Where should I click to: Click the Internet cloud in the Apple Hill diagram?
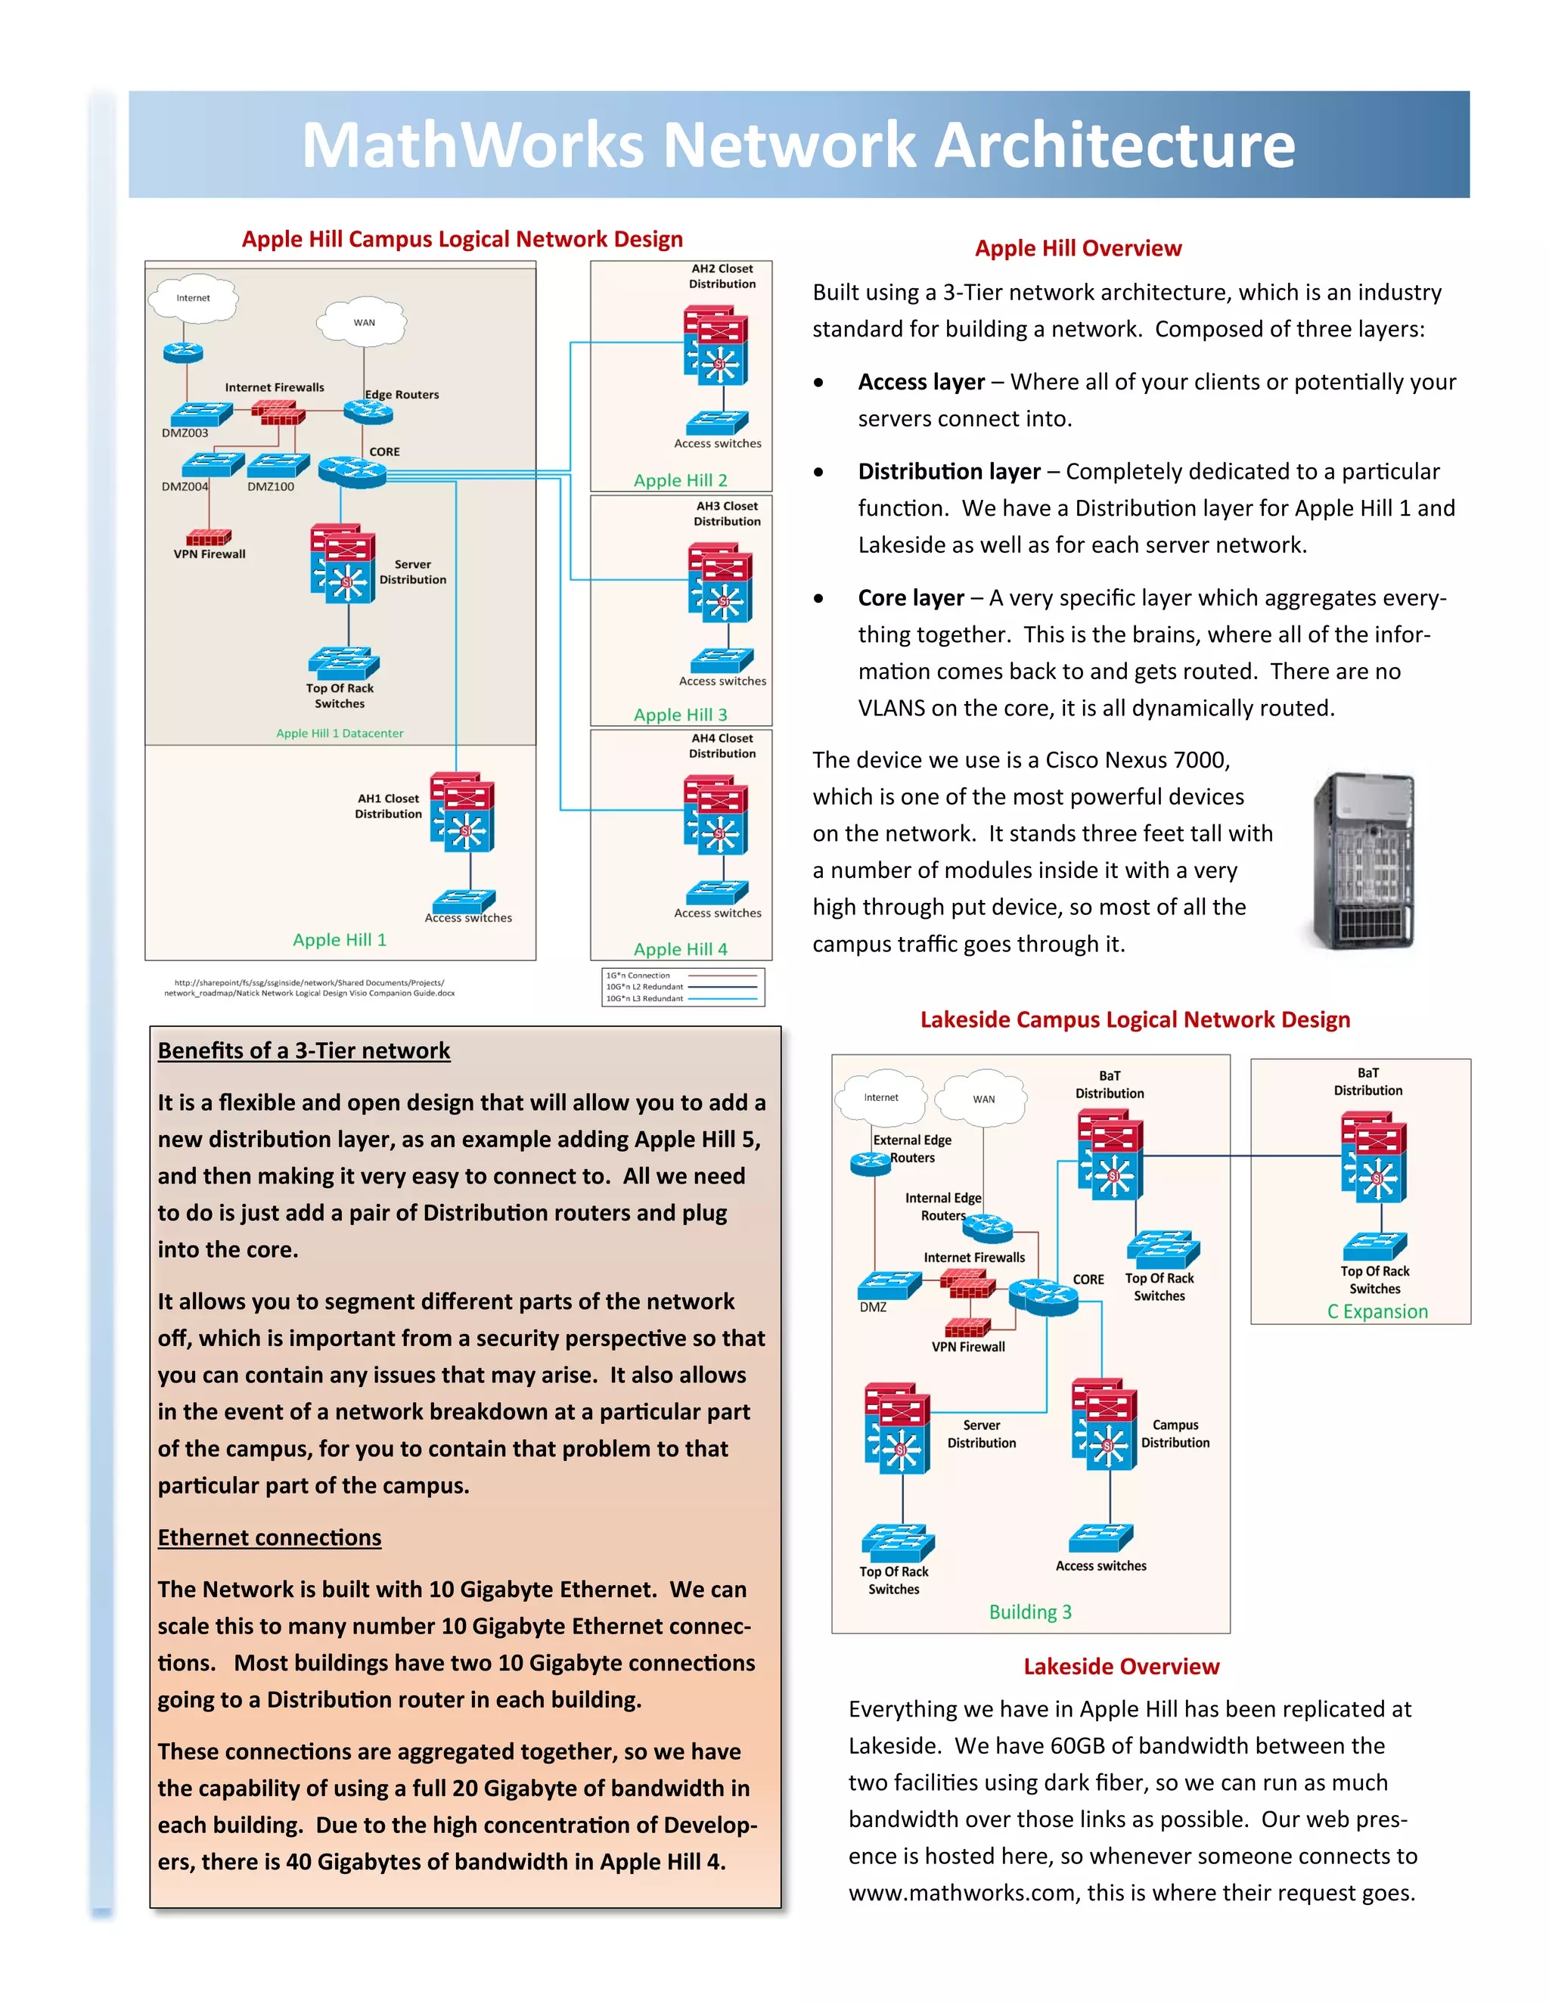(193, 298)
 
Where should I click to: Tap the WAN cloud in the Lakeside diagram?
(982, 1098)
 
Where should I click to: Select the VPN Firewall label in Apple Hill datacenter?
(210, 554)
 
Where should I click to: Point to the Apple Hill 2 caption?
(680, 480)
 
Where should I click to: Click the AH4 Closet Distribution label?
(722, 746)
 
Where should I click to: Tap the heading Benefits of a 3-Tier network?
(304, 1050)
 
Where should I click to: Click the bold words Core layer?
(911, 598)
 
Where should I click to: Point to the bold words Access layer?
(920, 382)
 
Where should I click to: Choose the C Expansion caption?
(1377, 1311)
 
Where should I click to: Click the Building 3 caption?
(1029, 1612)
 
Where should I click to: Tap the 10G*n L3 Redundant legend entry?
(644, 998)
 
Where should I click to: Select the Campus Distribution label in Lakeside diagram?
(1175, 1434)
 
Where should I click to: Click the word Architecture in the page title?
(1113, 145)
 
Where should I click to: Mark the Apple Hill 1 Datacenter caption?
(340, 733)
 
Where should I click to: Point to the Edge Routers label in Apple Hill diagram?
(402, 395)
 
